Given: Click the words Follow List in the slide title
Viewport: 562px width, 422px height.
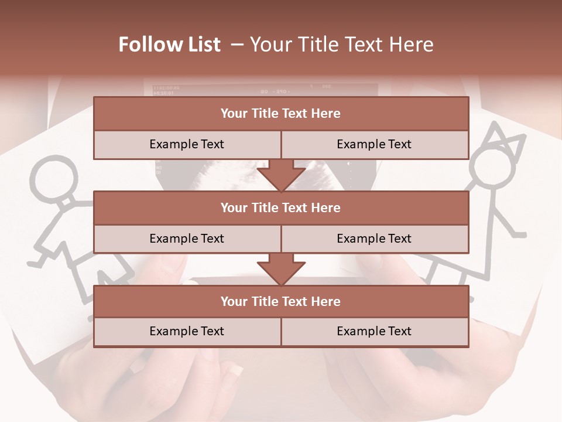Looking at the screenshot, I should click(x=170, y=45).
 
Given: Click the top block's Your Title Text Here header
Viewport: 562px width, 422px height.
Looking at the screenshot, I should click(x=280, y=114).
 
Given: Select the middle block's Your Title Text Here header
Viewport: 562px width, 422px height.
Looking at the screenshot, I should click(x=280, y=207).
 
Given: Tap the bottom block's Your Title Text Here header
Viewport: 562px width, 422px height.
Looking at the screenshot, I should click(x=280, y=301).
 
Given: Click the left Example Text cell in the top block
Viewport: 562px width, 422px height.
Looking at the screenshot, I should click(x=187, y=144).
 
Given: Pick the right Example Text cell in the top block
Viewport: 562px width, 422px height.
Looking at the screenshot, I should click(x=374, y=144).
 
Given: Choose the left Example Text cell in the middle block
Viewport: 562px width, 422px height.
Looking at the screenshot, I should click(x=187, y=239).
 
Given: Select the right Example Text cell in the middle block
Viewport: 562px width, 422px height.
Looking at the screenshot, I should click(x=374, y=239).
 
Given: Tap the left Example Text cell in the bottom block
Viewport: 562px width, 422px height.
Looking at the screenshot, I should click(x=187, y=331).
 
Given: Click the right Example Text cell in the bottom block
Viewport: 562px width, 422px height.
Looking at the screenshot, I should click(x=374, y=331).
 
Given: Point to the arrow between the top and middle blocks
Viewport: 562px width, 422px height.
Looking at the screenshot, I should click(x=281, y=175).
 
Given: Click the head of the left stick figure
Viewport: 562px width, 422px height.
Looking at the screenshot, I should click(x=53, y=178).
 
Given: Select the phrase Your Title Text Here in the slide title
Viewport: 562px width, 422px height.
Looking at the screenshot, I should click(x=342, y=45).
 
